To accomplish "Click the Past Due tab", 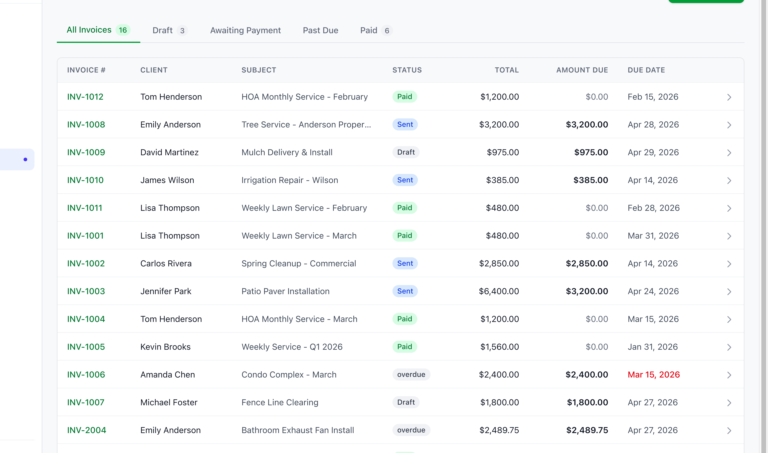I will pos(320,31).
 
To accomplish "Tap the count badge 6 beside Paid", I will pos(387,31).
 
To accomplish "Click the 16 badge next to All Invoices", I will pos(123,30).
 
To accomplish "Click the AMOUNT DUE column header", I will pos(582,70).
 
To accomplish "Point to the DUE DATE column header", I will pos(646,70).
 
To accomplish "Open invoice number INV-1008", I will pos(86,125).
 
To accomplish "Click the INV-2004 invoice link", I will pos(86,430).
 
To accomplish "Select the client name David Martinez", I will pos(169,152).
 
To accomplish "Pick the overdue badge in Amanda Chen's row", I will pos(411,374).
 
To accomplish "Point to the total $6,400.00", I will pos(499,291).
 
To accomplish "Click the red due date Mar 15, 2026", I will pos(653,374).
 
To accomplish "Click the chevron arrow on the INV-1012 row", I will pos(729,97).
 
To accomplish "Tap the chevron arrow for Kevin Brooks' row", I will pos(729,347).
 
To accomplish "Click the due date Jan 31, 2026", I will pos(652,347).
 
